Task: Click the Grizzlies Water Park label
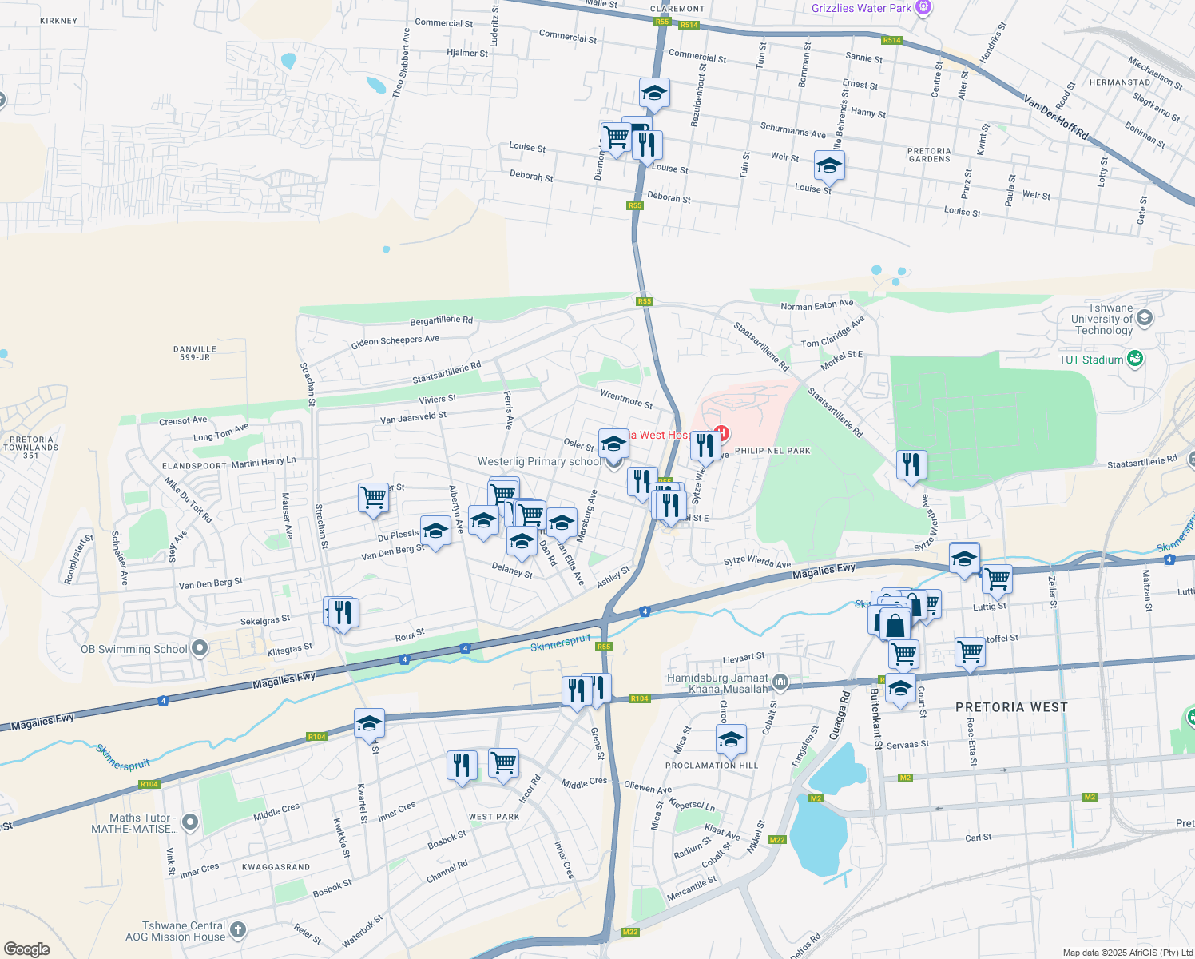(861, 8)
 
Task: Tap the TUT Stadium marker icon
(1134, 359)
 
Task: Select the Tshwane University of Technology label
(1103, 319)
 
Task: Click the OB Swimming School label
(133, 649)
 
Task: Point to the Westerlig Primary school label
(539, 461)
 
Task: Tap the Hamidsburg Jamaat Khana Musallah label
(717, 683)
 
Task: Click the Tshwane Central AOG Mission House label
(176, 931)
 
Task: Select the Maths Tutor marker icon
(190, 822)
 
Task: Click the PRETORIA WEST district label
(1011, 707)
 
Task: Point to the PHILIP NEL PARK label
(772, 451)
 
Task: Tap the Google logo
(26, 949)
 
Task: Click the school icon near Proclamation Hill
(731, 739)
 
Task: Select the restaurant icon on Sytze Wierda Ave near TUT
(911, 464)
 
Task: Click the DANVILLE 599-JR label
(195, 353)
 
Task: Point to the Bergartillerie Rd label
(441, 320)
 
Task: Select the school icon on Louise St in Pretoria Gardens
(829, 166)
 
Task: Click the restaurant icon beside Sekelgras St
(343, 612)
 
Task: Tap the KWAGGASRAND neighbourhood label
(276, 867)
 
